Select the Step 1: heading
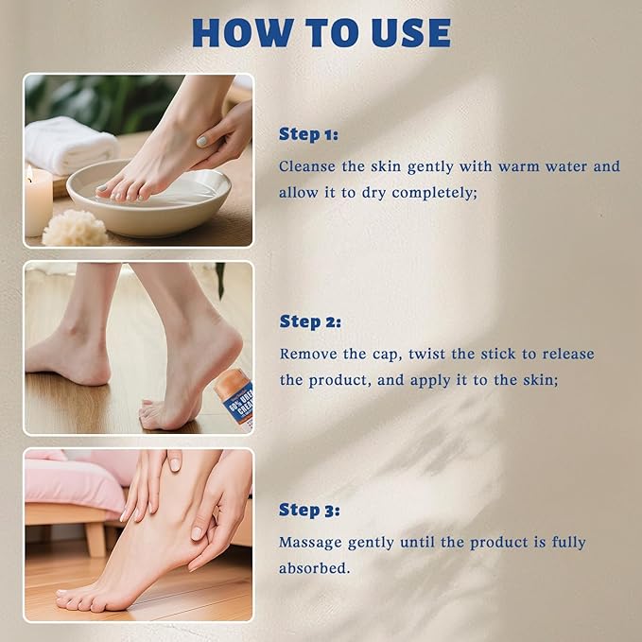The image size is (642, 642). pyautogui.click(x=308, y=133)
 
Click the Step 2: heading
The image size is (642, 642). pyautogui.click(x=309, y=321)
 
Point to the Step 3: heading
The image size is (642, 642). pyautogui.click(x=309, y=510)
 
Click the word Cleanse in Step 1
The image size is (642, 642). pyautogui.click(x=307, y=166)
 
